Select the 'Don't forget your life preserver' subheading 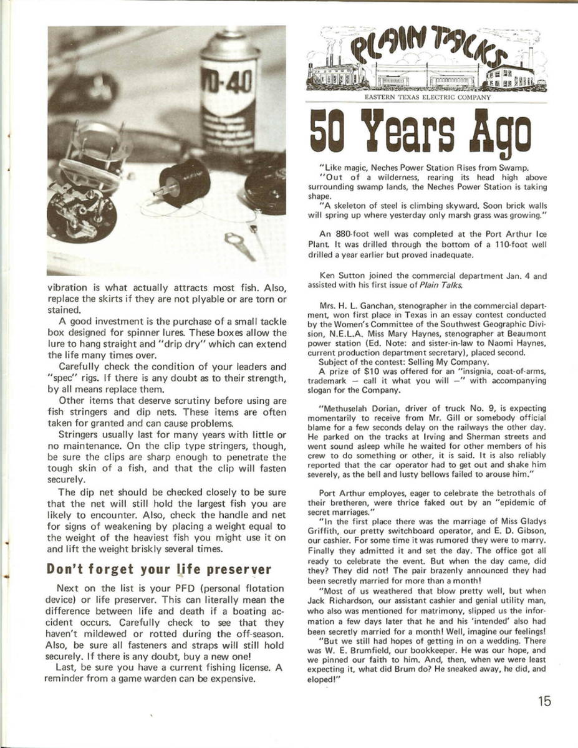point(159,569)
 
